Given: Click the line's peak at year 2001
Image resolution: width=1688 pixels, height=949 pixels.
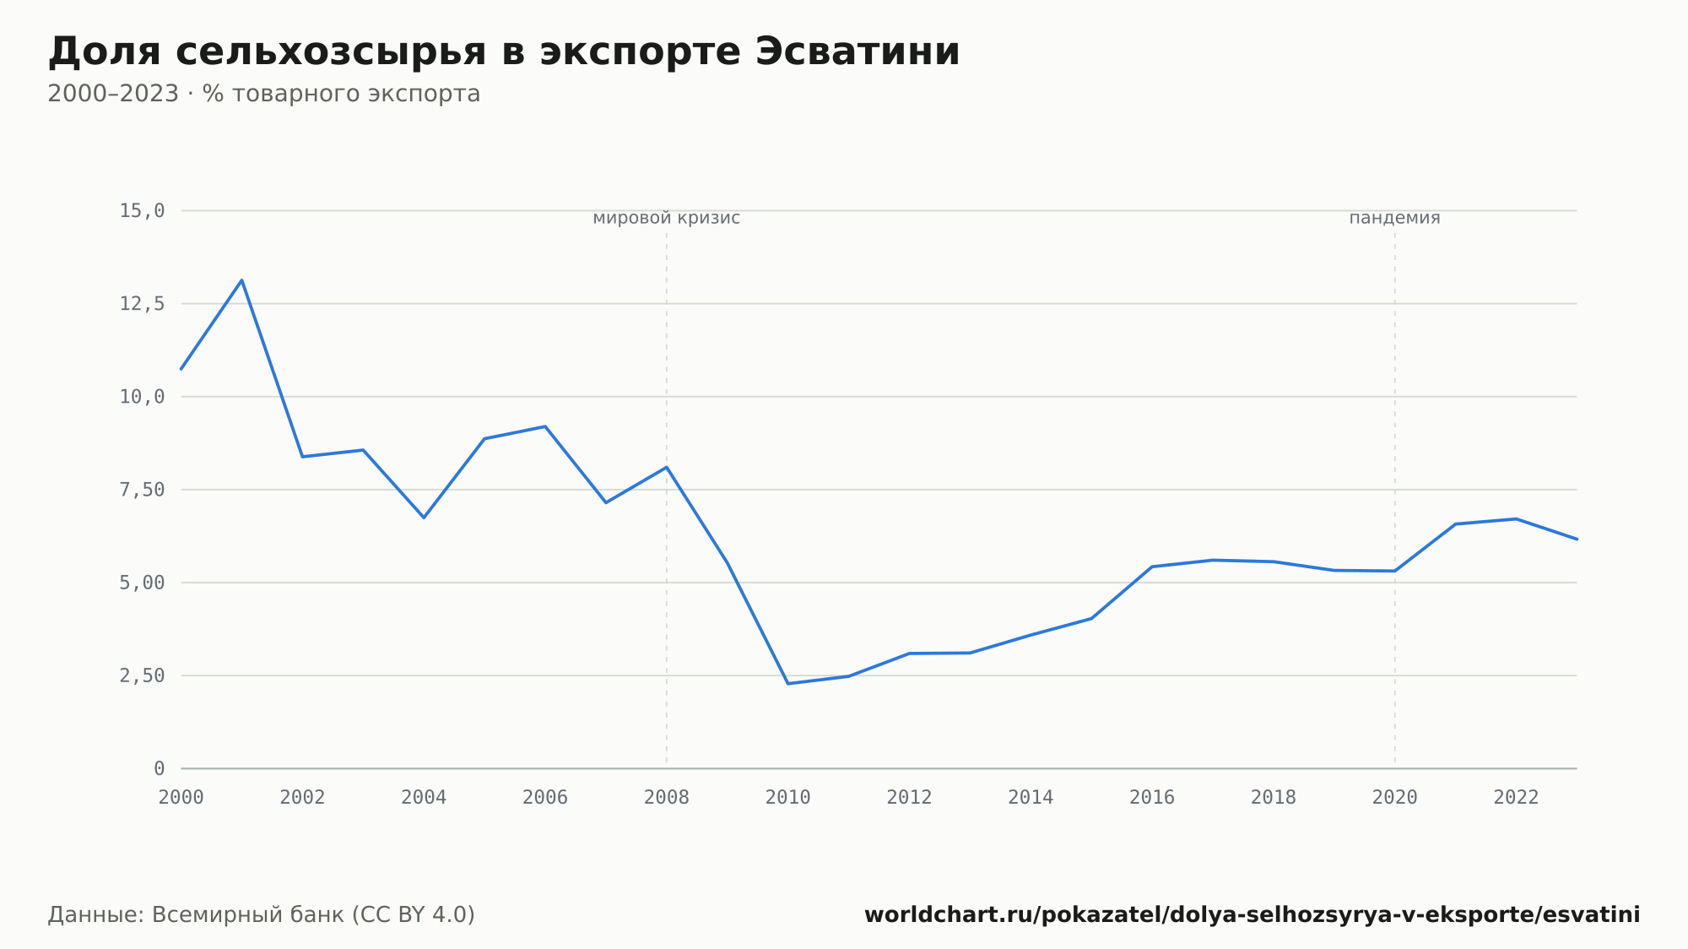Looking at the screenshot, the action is point(241,280).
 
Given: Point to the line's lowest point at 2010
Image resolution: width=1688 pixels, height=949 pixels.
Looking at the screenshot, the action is point(787,683).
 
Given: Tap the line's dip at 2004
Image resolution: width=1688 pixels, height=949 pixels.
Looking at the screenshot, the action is point(424,517).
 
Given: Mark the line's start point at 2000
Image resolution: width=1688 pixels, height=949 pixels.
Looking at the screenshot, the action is point(181,368).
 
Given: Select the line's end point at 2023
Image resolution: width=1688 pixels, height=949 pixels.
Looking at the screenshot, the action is point(1576,539).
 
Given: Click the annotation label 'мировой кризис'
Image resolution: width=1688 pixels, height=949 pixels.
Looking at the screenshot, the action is point(667,218).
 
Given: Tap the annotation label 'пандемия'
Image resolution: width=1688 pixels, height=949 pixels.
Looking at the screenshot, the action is point(1394,218).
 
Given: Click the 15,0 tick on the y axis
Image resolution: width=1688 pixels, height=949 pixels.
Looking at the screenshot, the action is point(142,211).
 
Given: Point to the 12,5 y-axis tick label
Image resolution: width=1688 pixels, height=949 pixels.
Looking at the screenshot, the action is point(142,304).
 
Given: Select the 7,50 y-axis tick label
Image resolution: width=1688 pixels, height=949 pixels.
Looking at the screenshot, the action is point(142,490).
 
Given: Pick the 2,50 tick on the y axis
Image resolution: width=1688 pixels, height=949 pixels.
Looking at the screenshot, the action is point(142,675).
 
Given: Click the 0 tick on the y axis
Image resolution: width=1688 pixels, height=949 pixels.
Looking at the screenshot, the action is point(160,768).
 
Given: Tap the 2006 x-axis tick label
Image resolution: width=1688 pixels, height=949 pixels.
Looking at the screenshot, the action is point(545,798).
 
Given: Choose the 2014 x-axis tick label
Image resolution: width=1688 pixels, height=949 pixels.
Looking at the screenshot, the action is point(1031,798).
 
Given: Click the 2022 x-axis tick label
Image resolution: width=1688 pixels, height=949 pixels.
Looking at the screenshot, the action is point(1516,798).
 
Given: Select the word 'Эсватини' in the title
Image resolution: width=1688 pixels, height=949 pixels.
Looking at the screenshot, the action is point(858,52).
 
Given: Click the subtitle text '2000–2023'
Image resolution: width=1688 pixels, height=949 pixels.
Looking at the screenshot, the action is point(113,94).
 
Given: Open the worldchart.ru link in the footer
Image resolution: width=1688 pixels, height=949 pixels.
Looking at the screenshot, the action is point(1252,915).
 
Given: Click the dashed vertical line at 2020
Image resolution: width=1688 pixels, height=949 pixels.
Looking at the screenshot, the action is point(1394,498).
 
